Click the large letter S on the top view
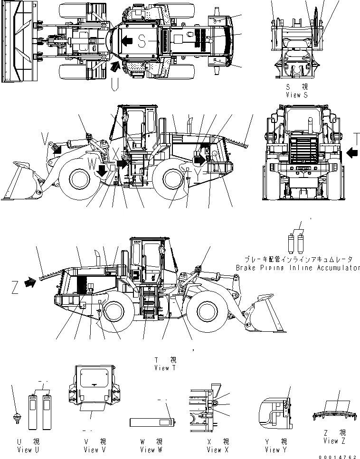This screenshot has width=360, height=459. (142, 42)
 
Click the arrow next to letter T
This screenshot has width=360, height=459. (352, 153)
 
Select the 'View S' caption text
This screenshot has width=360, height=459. (297, 95)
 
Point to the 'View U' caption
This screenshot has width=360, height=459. (24, 450)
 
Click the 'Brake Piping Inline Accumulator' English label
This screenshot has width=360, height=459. (298, 268)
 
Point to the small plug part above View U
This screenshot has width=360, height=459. (17, 419)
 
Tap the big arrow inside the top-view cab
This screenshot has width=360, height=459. (126, 41)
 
